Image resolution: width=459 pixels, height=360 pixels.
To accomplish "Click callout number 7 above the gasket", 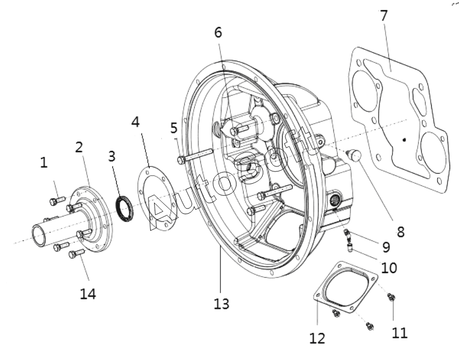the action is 384,16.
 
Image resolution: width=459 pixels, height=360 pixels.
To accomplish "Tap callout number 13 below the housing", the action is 221,303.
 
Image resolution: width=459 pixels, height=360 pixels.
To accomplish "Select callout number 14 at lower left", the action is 88,294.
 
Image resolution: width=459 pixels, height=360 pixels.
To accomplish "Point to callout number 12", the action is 317,338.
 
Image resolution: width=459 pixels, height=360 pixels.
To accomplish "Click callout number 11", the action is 399,333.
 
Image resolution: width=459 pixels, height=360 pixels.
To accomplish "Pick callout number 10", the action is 389,268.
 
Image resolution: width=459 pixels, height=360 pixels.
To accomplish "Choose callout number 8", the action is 401,224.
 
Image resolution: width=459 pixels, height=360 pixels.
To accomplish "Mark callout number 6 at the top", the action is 218,32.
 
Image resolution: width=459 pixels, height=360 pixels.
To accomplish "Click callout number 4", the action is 136,122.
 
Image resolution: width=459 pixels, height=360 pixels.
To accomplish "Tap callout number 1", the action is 43,162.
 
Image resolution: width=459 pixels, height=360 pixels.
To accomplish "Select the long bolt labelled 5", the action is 195,156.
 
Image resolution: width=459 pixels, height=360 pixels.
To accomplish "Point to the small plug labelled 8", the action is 354,155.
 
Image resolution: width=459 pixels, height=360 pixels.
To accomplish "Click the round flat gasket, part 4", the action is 155,199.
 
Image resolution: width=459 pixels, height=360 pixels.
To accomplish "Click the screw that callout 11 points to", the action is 391,297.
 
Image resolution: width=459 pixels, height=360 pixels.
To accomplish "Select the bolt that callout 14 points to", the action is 76,253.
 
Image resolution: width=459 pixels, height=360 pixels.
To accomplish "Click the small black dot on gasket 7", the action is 404,140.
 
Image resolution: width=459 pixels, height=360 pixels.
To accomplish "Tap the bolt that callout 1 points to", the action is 57,200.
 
